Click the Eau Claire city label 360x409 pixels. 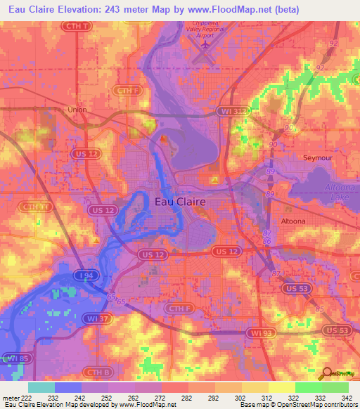pyautogui.click(x=180, y=202)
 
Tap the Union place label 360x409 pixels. pyautogui.click(x=76, y=110)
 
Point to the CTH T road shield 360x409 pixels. pyautogui.click(x=77, y=27)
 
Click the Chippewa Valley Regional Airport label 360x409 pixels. pyautogui.click(x=203, y=30)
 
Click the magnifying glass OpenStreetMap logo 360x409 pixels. pyautogui.click(x=327, y=375)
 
